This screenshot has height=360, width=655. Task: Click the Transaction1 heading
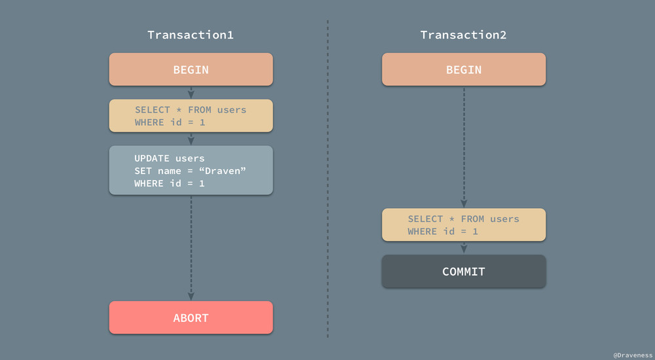(191, 35)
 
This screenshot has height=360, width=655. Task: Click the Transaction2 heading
(463, 35)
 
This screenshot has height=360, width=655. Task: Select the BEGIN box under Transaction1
(191, 70)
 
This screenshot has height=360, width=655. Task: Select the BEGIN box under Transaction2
(464, 70)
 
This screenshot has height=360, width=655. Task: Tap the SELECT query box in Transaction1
(191, 116)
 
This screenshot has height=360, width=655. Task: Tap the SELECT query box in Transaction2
(464, 225)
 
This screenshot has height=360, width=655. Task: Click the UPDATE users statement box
(191, 170)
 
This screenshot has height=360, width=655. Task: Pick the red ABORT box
(191, 318)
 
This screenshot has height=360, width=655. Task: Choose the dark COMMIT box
(464, 272)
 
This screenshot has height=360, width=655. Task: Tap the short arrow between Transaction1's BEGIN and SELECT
(191, 92)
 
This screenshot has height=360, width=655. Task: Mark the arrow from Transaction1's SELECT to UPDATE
(191, 139)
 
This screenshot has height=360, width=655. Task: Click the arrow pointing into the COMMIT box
(464, 248)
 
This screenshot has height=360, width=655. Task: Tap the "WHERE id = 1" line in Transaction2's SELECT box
(443, 232)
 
